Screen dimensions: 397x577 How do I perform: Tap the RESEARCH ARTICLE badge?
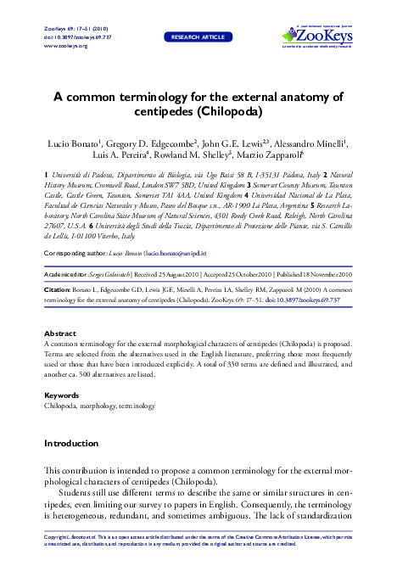(x=198, y=37)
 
